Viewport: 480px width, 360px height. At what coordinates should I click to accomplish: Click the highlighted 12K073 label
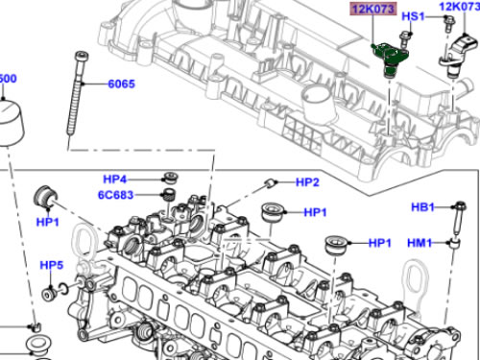(373, 9)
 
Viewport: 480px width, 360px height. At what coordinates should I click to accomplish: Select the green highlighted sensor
(390, 59)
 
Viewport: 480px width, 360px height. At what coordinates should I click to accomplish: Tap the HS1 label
(413, 16)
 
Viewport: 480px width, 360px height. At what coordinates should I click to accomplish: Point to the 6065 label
(122, 84)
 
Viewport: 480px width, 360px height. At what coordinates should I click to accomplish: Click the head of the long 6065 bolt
(82, 57)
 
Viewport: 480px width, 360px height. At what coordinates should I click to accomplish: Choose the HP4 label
(114, 180)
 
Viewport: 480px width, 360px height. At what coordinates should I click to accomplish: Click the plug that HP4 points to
(171, 178)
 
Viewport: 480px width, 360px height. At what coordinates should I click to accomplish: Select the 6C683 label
(115, 195)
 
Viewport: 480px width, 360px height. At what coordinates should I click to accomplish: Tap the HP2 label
(307, 182)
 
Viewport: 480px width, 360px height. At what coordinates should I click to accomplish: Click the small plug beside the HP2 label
(270, 183)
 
